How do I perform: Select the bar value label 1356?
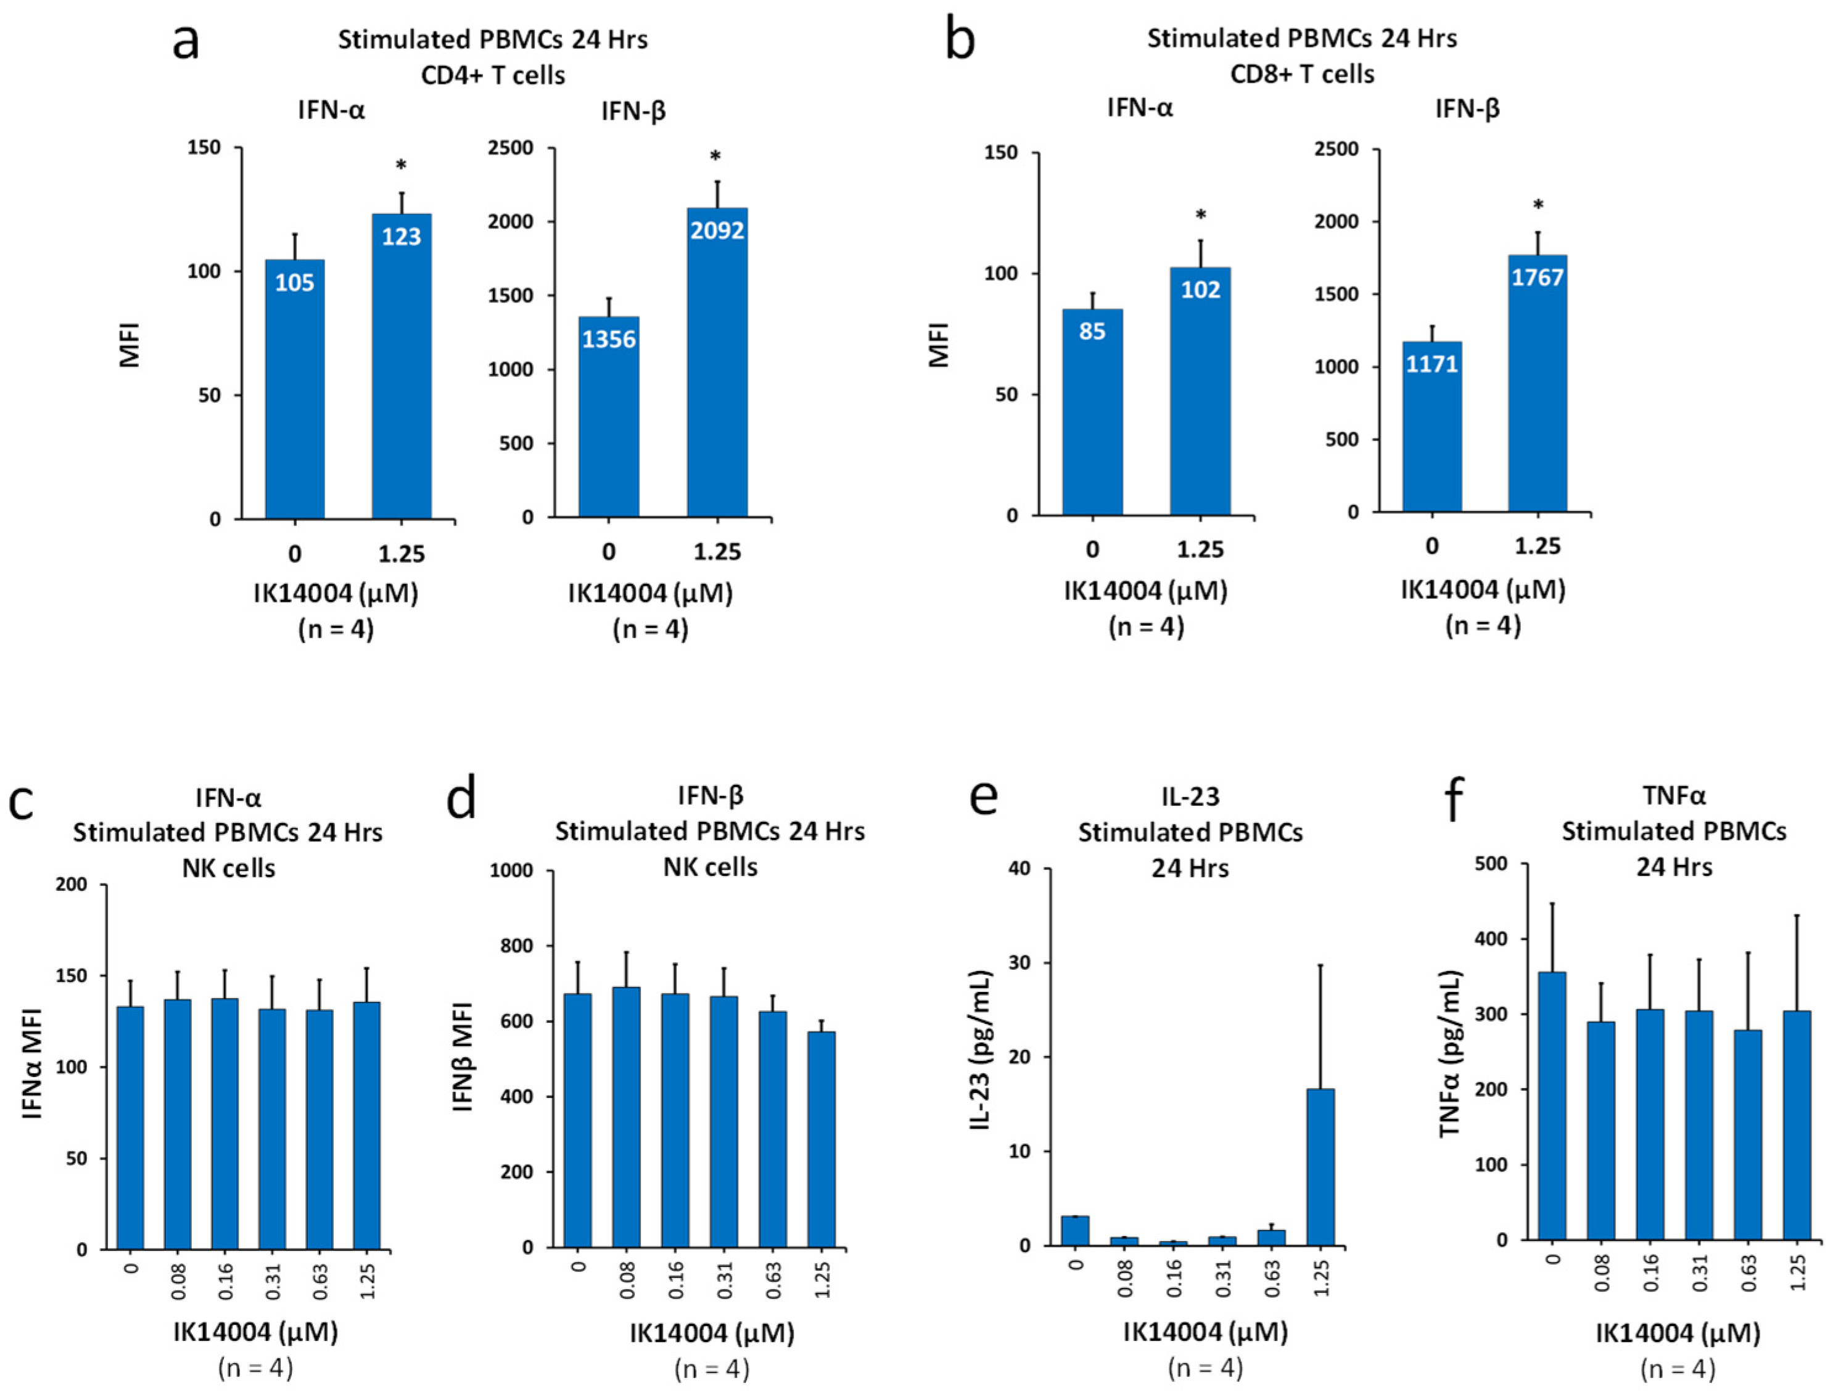click(609, 339)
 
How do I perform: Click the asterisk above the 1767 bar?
click(1538, 205)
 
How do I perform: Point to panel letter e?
click(984, 798)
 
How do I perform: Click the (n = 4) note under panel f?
click(1676, 1369)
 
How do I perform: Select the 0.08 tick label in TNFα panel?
click(1602, 1273)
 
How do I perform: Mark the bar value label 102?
click(1200, 289)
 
